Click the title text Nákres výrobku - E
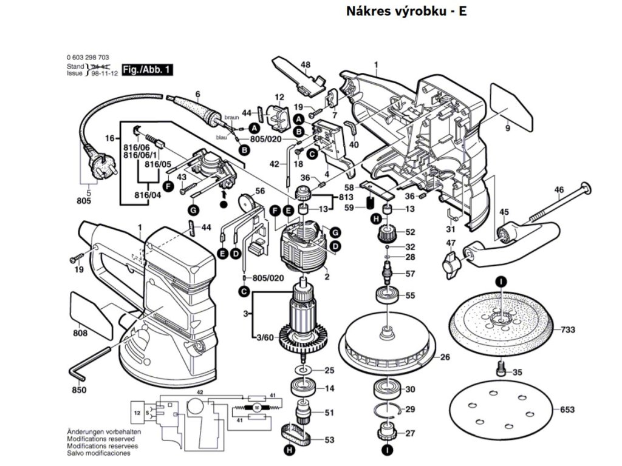point(406,12)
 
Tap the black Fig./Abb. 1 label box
point(146,70)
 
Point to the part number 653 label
point(567,410)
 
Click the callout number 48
point(305,65)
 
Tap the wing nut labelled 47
point(449,261)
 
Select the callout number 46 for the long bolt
point(558,190)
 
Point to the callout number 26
point(445,357)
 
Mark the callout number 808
point(80,333)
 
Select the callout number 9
point(508,128)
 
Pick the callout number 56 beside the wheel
point(260,191)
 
